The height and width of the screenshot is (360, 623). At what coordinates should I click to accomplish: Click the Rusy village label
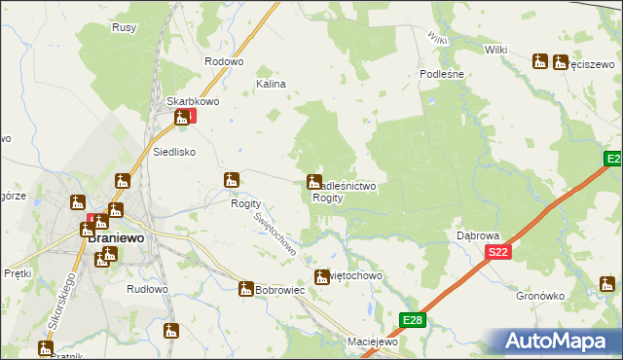click(124, 28)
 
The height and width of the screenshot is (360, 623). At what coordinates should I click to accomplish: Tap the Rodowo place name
click(223, 61)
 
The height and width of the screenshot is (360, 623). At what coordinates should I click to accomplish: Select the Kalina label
click(271, 85)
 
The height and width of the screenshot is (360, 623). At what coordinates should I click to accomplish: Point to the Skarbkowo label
click(190, 101)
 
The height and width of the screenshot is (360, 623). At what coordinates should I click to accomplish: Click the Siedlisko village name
click(175, 153)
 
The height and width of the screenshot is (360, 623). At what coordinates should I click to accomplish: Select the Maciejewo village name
click(374, 342)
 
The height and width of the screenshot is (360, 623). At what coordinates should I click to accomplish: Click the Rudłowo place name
click(148, 290)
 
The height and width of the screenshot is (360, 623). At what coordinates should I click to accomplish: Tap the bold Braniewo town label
click(116, 236)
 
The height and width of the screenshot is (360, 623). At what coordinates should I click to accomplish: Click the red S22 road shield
click(498, 252)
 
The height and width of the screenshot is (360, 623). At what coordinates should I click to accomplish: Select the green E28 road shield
click(413, 319)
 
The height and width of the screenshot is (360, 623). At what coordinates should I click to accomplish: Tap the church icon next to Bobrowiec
click(246, 289)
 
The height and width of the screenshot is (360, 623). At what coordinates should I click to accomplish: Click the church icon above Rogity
click(232, 180)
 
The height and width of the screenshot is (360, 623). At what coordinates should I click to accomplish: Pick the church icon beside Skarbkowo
click(181, 119)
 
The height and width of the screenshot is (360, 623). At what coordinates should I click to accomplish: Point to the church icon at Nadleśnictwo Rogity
click(314, 182)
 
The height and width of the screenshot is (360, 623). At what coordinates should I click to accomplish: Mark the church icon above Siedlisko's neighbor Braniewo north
click(122, 181)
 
